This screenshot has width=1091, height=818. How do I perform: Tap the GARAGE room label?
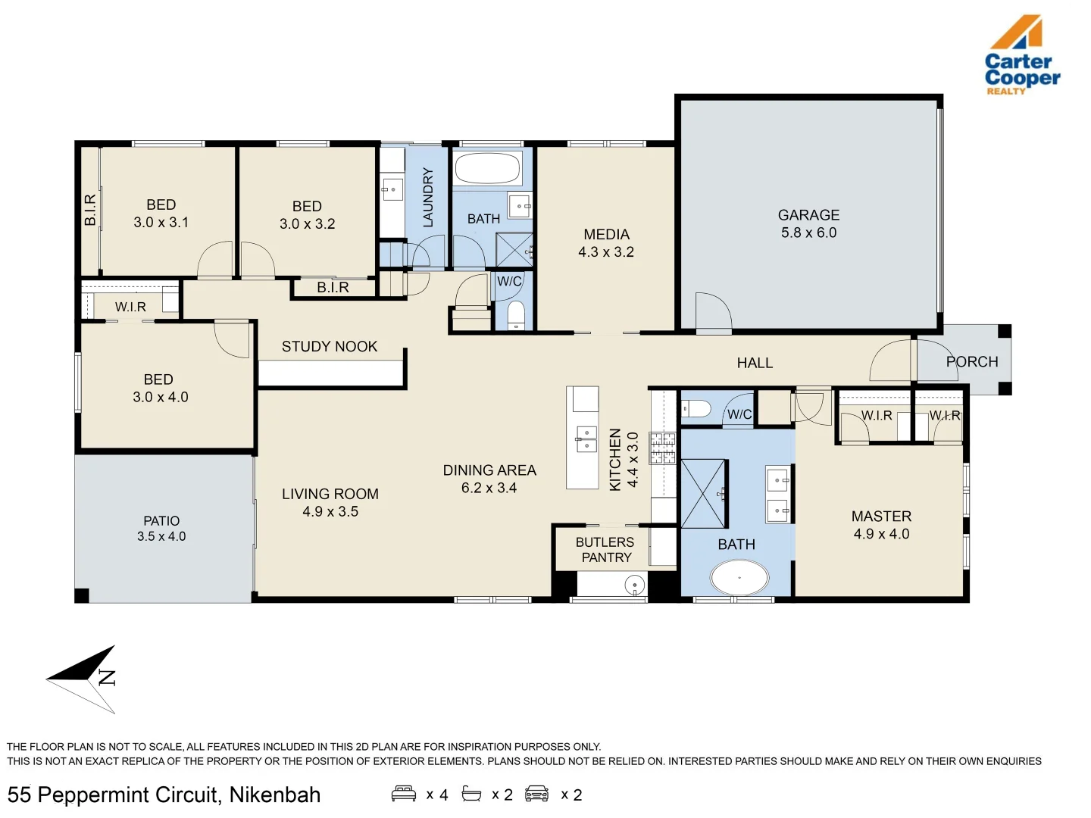pyautogui.click(x=808, y=215)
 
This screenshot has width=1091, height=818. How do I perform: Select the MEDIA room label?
pyautogui.click(x=606, y=235)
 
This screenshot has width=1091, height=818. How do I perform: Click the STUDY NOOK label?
pyautogui.click(x=329, y=347)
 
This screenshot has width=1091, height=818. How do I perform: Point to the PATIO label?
pyautogui.click(x=161, y=521)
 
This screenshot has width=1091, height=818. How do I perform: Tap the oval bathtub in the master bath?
pyautogui.click(x=739, y=578)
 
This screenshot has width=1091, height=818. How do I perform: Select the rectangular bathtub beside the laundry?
pyautogui.click(x=488, y=169)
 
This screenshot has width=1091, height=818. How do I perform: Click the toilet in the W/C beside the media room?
pyautogui.click(x=516, y=314)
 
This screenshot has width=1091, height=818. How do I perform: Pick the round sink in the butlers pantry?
pyautogui.click(x=634, y=585)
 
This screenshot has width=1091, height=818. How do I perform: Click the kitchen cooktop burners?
pyautogui.click(x=663, y=448)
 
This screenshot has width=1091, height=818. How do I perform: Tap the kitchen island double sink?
pyautogui.click(x=586, y=439)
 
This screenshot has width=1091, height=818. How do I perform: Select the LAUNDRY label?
pyautogui.click(x=428, y=198)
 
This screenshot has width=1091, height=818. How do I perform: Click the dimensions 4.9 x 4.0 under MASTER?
pyautogui.click(x=881, y=534)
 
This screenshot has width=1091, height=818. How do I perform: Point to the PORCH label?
pyautogui.click(x=972, y=362)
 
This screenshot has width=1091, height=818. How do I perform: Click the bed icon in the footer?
pyautogui.click(x=404, y=794)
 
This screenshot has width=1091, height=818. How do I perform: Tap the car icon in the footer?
pyautogui.click(x=536, y=794)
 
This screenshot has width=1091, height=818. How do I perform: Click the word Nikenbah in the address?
pyautogui.click(x=275, y=795)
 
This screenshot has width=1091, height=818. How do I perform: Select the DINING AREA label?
pyautogui.click(x=489, y=470)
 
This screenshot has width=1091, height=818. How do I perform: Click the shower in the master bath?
pyautogui.click(x=704, y=493)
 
